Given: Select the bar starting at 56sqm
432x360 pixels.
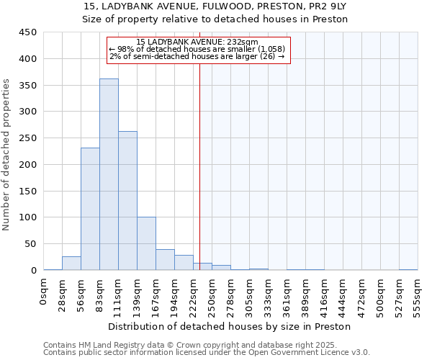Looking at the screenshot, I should tap(90, 209).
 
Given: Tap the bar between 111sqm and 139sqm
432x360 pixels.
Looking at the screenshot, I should tap(127, 201).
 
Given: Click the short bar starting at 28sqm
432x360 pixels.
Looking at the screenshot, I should tap(71, 264).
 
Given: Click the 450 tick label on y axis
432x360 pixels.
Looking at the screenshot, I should tap(28, 32).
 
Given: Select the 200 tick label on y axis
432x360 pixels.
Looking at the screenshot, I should tap(28, 164).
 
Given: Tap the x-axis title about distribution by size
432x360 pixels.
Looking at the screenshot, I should tap(230, 326).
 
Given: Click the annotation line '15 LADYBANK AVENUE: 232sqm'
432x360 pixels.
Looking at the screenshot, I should tap(197, 42).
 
